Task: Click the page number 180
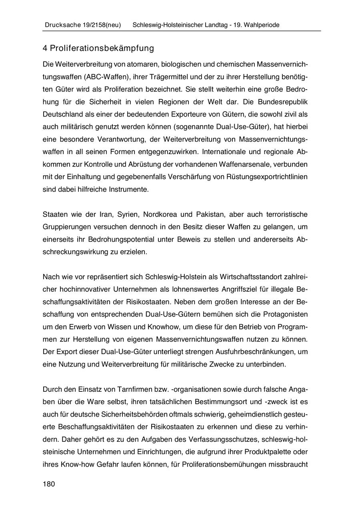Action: pyautogui.click(x=48, y=484)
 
